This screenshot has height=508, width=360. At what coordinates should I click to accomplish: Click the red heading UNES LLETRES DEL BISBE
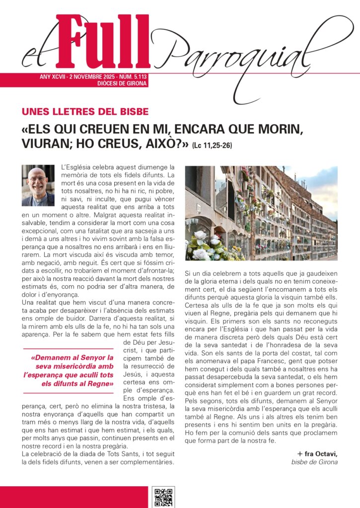[x=85, y=112]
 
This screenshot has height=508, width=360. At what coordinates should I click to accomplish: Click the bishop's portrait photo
[x=38, y=186]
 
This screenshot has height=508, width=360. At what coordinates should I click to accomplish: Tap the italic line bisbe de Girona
[x=314, y=462]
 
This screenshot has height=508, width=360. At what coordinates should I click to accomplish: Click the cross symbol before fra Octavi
[x=300, y=453]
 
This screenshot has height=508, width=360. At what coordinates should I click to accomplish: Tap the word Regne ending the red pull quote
[x=102, y=383]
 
